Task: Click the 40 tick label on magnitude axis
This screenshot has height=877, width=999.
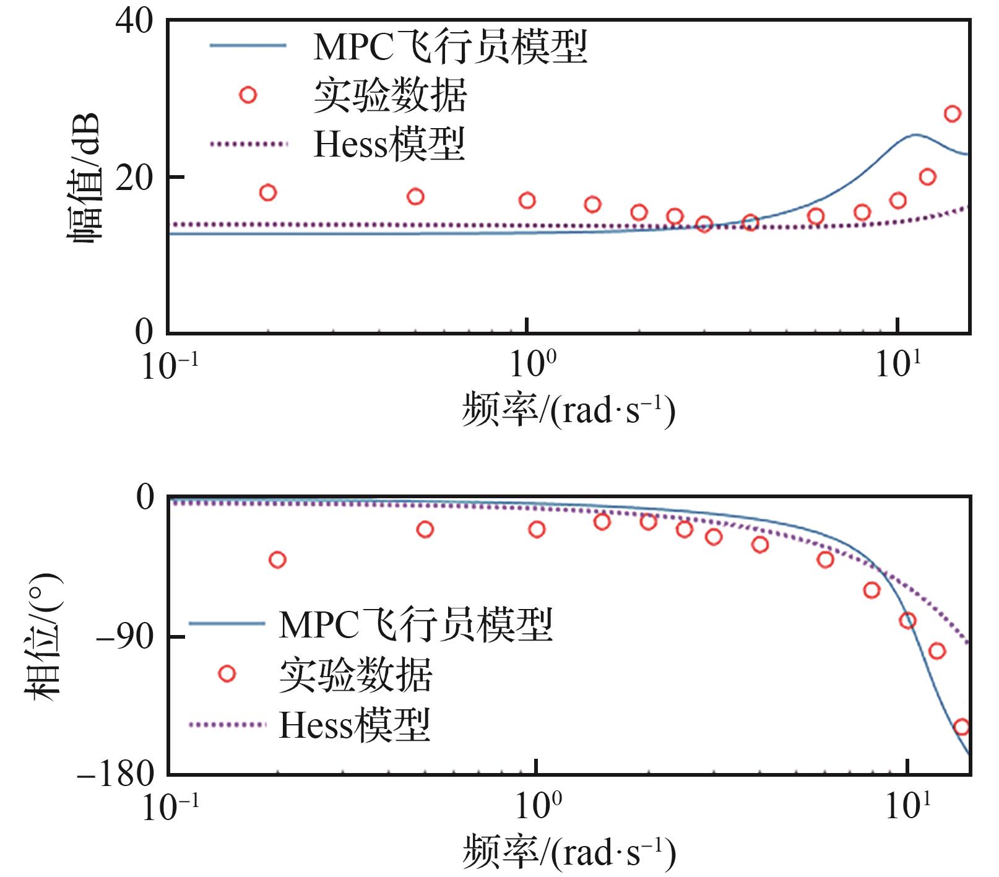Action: pyautogui.click(x=133, y=22)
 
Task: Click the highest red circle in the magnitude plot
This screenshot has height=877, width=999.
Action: pyautogui.click(x=953, y=114)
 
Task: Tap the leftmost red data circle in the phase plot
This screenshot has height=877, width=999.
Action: pyautogui.click(x=277, y=560)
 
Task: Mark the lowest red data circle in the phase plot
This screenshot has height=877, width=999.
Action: pyautogui.click(x=961, y=727)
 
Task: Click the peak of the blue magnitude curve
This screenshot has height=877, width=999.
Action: pyautogui.click(x=914, y=135)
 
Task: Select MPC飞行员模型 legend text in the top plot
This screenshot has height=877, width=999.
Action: pyautogui.click(x=450, y=47)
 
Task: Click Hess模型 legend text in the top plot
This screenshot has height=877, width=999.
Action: pyautogui.click(x=389, y=144)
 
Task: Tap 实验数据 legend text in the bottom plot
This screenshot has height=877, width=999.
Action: pyautogui.click(x=355, y=675)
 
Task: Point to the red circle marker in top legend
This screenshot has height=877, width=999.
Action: pyautogui.click(x=248, y=95)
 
